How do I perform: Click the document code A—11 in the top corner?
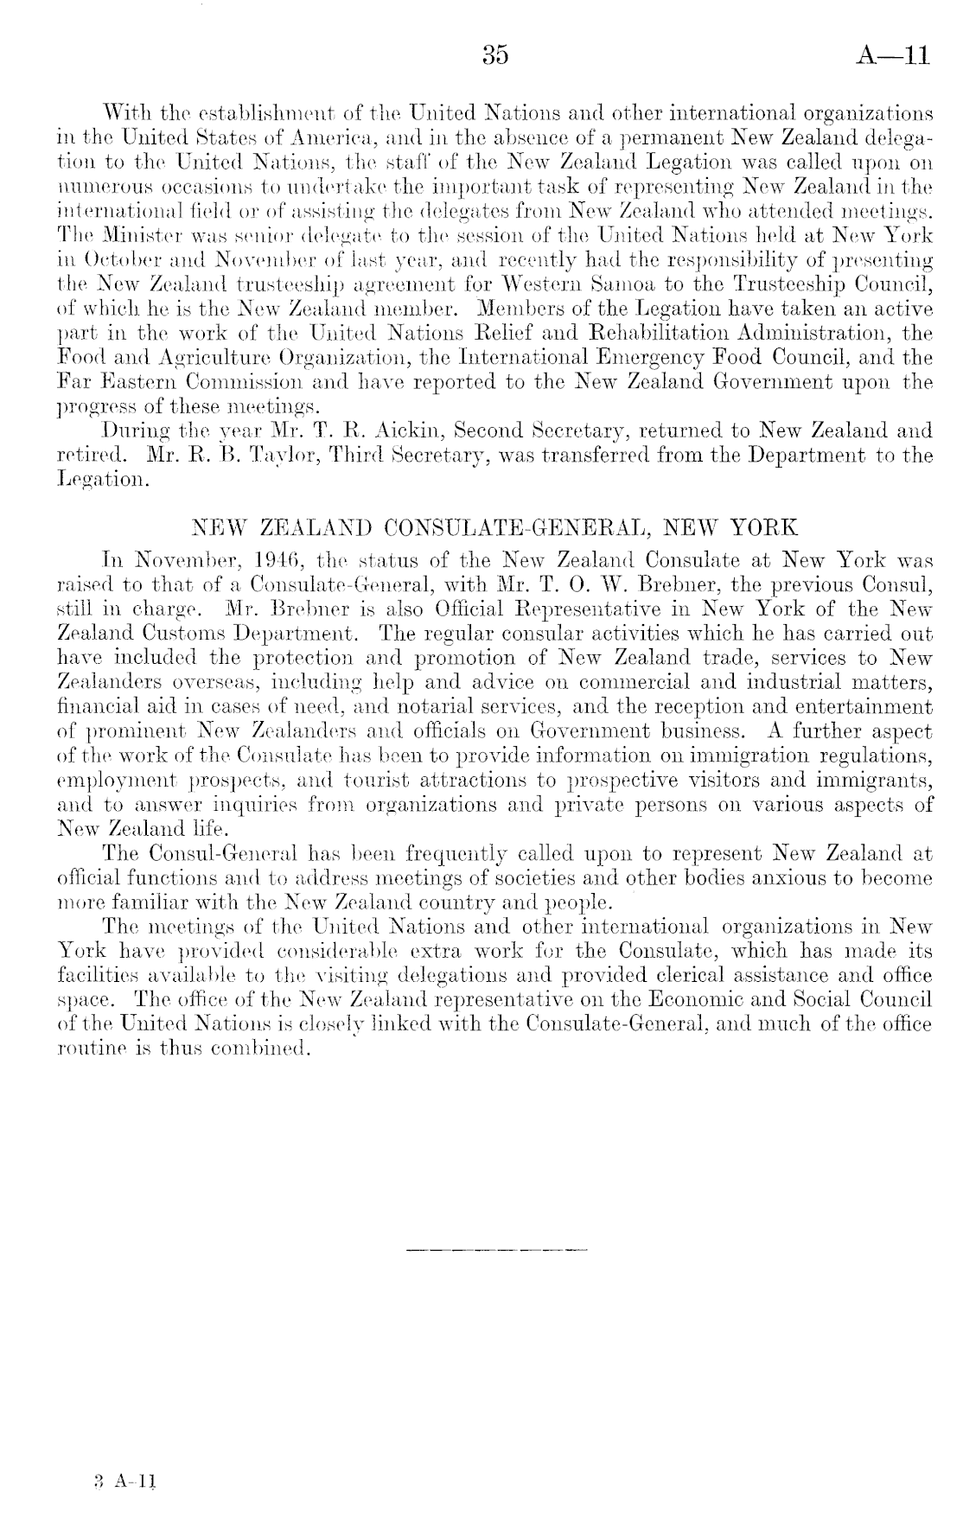click(894, 56)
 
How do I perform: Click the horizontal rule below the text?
click(494, 1249)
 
